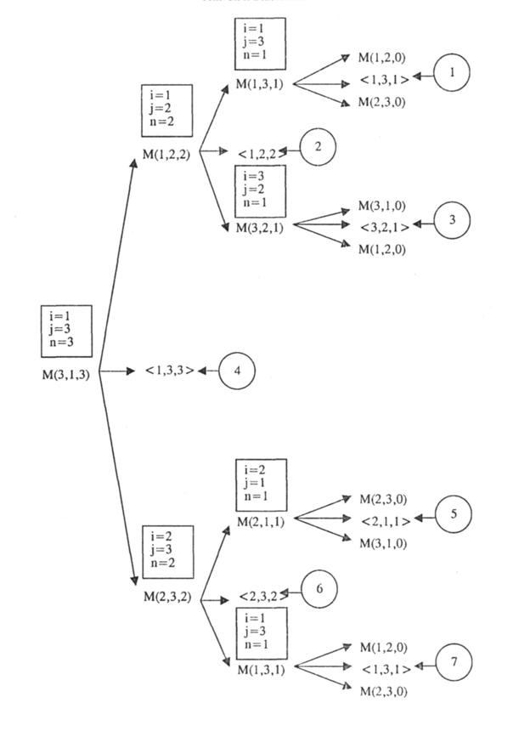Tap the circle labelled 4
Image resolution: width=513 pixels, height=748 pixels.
point(237,371)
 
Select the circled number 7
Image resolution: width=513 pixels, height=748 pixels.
point(453,663)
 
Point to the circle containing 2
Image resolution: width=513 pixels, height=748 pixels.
point(319,147)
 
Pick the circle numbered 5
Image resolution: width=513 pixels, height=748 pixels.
point(454,514)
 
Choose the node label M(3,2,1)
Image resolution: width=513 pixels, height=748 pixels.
point(261,228)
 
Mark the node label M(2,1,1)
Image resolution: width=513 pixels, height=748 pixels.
point(261,521)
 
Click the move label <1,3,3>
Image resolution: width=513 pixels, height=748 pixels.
point(170,371)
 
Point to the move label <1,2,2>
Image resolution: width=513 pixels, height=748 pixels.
point(262,154)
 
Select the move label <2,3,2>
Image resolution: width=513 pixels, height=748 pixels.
point(262,596)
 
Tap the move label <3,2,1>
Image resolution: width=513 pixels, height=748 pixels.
point(385,227)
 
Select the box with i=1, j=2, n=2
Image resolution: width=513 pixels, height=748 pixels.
point(166,111)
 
